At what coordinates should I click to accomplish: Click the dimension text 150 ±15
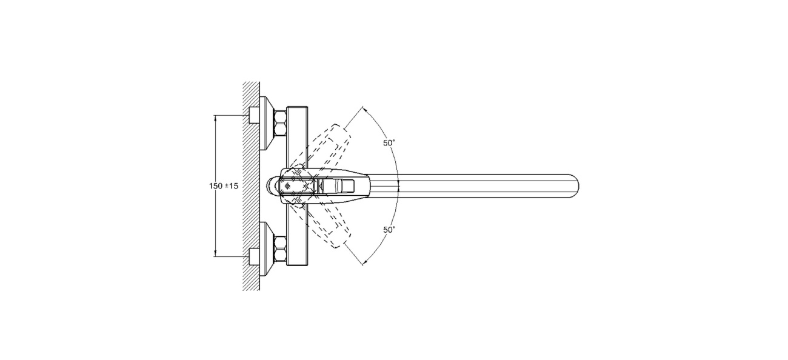(224, 186)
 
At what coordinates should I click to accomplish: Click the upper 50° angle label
(389, 143)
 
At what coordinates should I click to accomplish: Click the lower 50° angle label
(389, 230)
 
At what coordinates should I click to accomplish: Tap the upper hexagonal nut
(281, 123)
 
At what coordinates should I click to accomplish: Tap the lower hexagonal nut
(281, 249)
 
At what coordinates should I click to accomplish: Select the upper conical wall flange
(267, 123)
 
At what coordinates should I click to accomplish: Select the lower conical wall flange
(267, 249)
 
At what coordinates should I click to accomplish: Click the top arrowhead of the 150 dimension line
(215, 118)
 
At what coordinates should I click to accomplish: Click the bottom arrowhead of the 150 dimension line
(215, 254)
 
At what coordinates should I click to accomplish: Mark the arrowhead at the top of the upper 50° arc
(365, 110)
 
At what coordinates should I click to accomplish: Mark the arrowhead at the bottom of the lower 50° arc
(365, 262)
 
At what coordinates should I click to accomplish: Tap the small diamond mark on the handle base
(287, 185)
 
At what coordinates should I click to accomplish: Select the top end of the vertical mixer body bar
(297, 107)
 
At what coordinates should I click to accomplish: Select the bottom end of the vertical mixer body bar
(297, 265)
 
